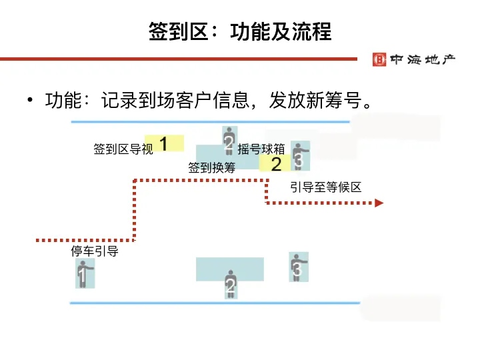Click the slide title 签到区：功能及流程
pos(240,31)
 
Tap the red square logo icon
pos(379,59)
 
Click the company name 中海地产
pos(422,59)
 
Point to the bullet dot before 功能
pos(29,101)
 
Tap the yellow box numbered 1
pos(164,143)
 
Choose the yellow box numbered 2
pos(275,164)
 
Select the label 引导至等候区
pos(325,187)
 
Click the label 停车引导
pos(95,251)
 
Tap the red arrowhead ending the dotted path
pos(379,203)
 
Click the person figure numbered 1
pos(83,273)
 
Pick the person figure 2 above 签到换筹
pos(229,141)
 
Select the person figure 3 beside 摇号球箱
pos(299,156)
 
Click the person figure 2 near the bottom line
pos(231,285)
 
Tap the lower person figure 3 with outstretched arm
pos(298,267)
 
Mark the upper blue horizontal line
pos(210,122)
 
